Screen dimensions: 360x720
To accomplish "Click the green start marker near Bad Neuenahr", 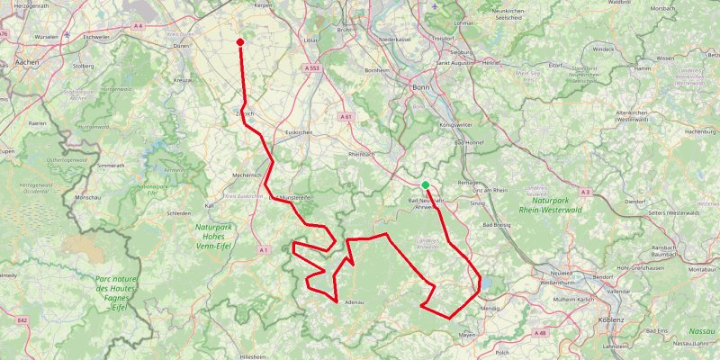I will pos(425,185).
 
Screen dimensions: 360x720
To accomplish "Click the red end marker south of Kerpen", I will pos(240,42).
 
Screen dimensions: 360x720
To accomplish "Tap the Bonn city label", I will pos(420,87).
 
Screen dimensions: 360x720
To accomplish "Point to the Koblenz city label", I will pos(616,319).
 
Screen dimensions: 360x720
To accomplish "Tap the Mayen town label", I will pos(467,335).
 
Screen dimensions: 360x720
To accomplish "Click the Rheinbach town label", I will pos(361,155).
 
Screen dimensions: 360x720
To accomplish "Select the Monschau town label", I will pos(87,196).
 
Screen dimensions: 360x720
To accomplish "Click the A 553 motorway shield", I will pos(312,67).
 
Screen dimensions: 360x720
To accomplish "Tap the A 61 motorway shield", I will pos(346,116).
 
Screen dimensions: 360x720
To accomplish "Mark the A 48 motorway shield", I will pos(540,333).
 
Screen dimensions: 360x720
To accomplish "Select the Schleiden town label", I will pos(178,213).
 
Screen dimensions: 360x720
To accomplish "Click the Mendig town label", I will pos(490,308).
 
